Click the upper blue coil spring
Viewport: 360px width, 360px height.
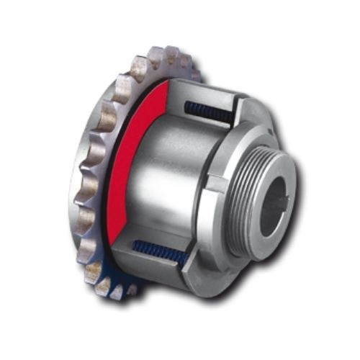pos(209,112)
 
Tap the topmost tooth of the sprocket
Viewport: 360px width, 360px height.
pos(173,54)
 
